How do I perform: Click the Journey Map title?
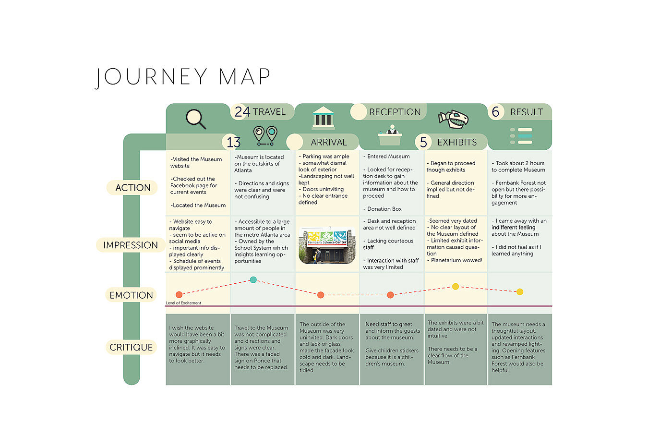(183, 77)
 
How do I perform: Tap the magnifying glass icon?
(196, 119)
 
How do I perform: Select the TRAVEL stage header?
(269, 112)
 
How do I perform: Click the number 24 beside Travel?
(242, 112)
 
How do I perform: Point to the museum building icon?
(323, 118)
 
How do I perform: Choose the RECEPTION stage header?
(395, 112)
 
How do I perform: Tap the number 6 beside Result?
(495, 112)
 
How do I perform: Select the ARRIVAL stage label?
(328, 143)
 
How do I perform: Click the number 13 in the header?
(233, 143)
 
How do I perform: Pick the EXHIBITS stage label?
(457, 143)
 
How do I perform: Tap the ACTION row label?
(133, 188)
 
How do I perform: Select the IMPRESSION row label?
(131, 245)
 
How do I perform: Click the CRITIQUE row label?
(131, 348)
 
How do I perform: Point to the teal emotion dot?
(253, 280)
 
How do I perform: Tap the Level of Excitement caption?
(183, 303)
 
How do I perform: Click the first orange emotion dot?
(179, 295)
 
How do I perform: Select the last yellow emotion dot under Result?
(520, 292)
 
